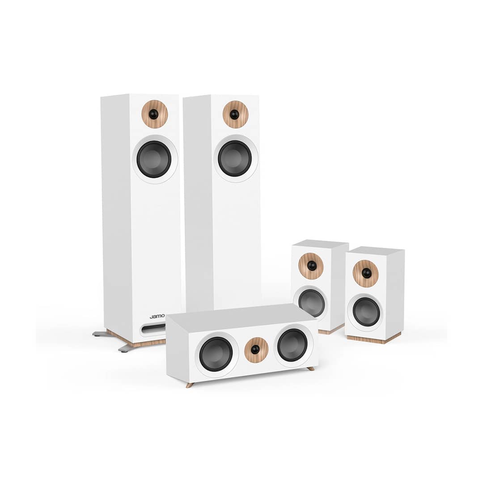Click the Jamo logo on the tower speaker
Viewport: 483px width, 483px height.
click(157, 316)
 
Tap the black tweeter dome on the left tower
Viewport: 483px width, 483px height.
click(153, 114)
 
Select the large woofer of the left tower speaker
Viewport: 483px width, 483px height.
click(154, 159)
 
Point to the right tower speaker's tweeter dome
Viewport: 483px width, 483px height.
click(234, 114)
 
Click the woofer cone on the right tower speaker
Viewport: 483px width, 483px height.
click(235, 159)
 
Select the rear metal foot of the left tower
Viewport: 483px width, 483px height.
click(100, 333)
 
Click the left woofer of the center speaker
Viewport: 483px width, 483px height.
click(216, 354)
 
